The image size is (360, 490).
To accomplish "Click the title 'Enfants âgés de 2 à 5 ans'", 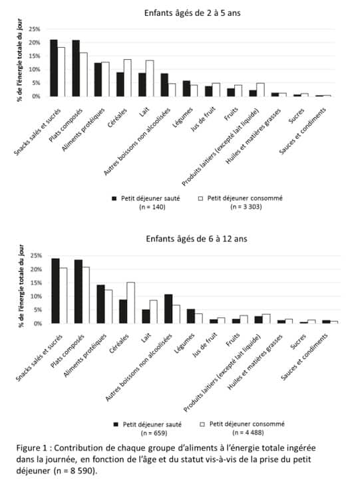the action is pyautogui.click(x=192, y=13).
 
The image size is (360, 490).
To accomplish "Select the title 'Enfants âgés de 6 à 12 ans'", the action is pyautogui.click(x=196, y=239).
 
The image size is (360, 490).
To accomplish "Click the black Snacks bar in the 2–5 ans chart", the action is pyautogui.click(x=54, y=68).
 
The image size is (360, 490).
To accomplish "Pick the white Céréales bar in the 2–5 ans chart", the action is pyautogui.click(x=127, y=78).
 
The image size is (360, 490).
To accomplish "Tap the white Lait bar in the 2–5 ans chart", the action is pyautogui.click(x=150, y=78).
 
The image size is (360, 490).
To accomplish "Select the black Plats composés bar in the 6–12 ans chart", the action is pyautogui.click(x=79, y=291).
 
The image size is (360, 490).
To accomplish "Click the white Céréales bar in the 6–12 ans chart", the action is pyautogui.click(x=130, y=303).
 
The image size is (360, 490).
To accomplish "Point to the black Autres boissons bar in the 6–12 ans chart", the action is pyautogui.click(x=168, y=308).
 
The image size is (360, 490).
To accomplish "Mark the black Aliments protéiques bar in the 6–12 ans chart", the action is pyautogui.click(x=100, y=304).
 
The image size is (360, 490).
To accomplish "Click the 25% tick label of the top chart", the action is pyautogui.click(x=35, y=29).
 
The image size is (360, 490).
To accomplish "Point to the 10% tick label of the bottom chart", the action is pyautogui.click(x=37, y=297).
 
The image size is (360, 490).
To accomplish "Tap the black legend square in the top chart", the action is pyautogui.click(x=114, y=198).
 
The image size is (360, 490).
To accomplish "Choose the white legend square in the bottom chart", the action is pyautogui.click(x=202, y=424).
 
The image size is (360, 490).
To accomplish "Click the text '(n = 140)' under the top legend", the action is pyautogui.click(x=152, y=207).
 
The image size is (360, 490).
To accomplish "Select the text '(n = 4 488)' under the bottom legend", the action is pyautogui.click(x=248, y=433).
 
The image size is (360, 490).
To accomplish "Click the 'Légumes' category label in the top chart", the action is pyautogui.click(x=183, y=118).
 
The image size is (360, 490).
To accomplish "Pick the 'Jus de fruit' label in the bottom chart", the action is pyautogui.click(x=205, y=345).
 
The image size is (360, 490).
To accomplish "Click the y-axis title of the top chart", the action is pyautogui.click(x=20, y=60).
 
